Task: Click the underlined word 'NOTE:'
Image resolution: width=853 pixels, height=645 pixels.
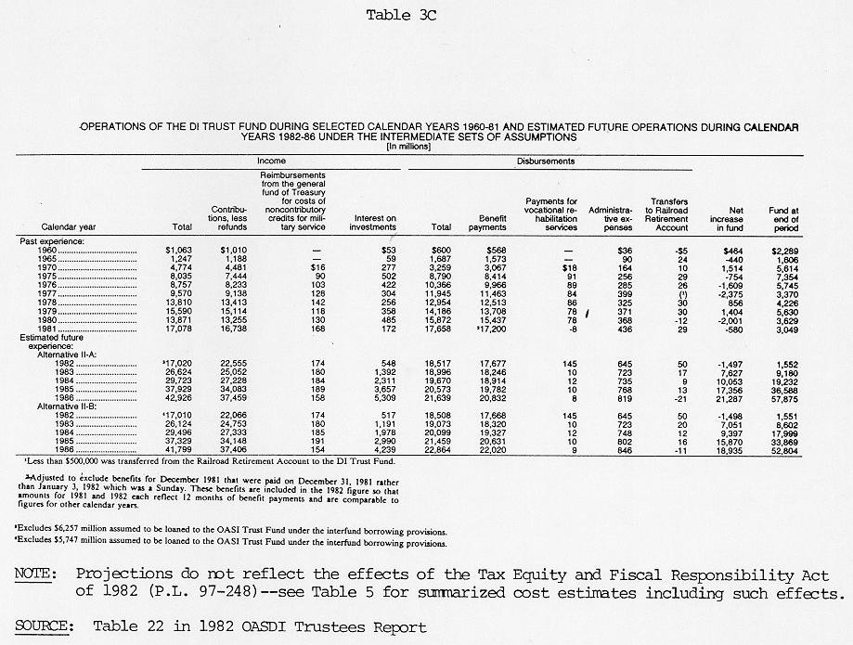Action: pyautogui.click(x=33, y=575)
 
